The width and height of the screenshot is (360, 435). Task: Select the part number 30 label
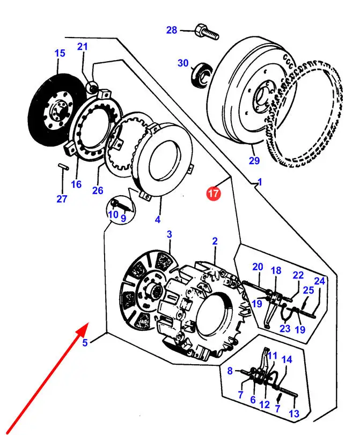coord(183,63)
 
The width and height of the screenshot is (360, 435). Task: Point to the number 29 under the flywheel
coord(254,160)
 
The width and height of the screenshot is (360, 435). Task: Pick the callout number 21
coord(82,47)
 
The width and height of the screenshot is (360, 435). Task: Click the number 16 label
coord(76,185)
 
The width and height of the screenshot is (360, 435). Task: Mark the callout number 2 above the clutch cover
coord(215,241)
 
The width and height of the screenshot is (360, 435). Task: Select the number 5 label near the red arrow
coord(85,343)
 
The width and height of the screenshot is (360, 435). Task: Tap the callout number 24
coord(319,281)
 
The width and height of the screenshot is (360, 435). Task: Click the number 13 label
coord(294,414)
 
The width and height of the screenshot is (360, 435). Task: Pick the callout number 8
coord(230,370)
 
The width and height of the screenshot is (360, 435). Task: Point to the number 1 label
coord(260,182)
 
